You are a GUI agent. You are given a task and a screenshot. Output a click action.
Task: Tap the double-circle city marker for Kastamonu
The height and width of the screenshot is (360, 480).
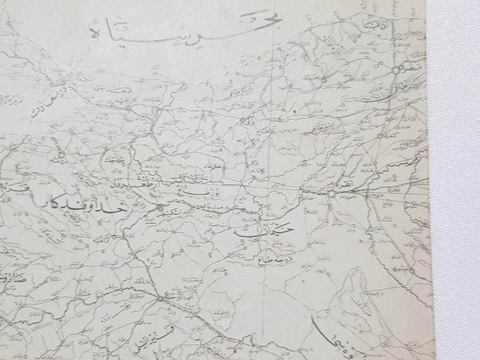point(395,71)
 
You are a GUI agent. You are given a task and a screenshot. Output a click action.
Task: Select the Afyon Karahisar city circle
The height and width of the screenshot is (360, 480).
point(160,298)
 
